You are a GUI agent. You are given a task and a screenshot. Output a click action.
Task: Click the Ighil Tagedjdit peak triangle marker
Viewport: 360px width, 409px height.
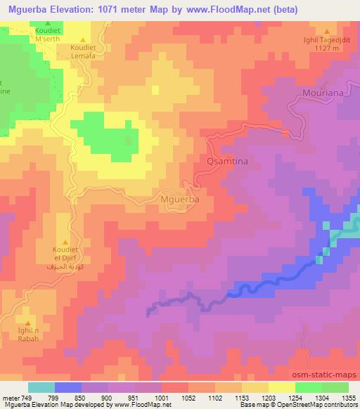point(327,31)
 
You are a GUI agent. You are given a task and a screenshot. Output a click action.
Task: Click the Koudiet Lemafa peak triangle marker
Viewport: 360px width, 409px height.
point(84,39)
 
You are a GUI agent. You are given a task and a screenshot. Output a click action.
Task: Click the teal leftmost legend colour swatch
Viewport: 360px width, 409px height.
point(41,387)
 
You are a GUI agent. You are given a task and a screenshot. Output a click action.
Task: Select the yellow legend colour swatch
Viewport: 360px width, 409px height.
point(282,387)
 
